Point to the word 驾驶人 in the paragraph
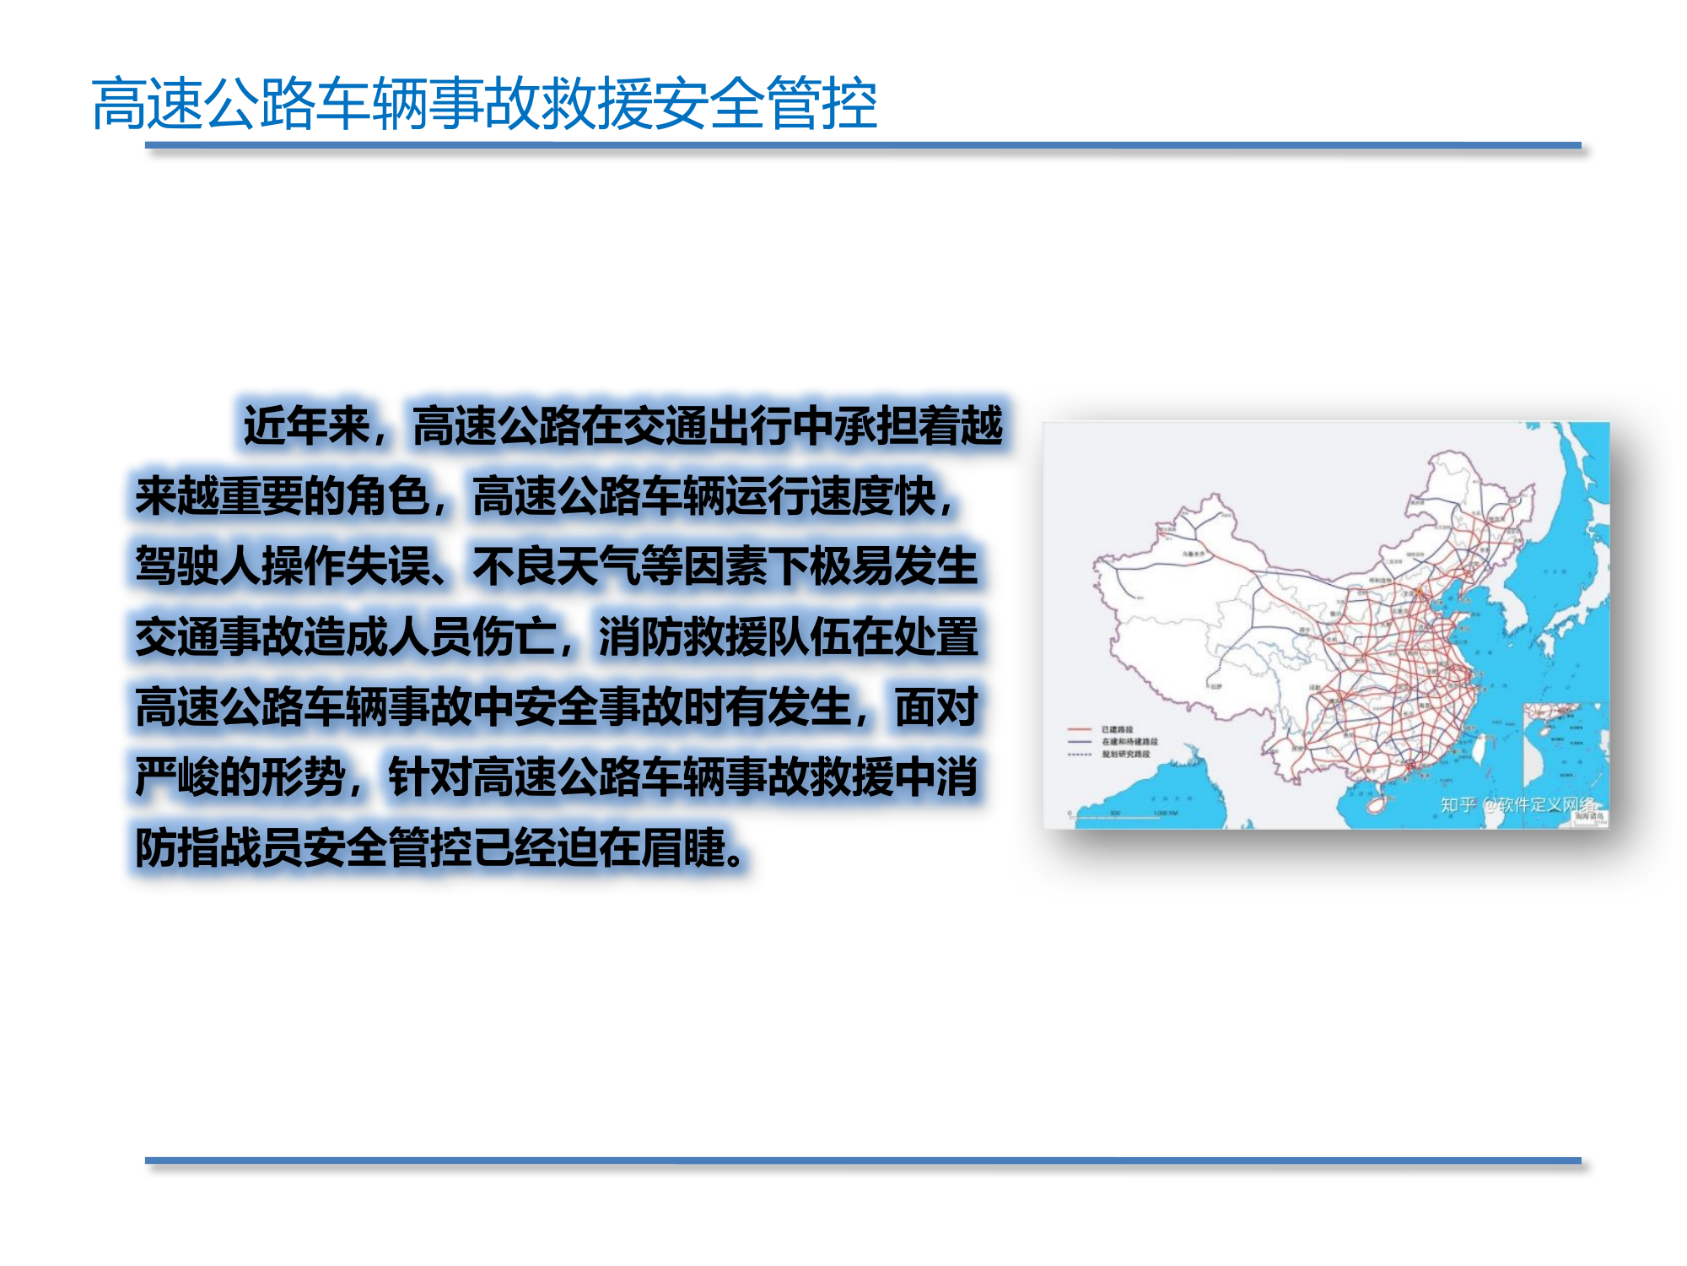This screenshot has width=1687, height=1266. point(198,565)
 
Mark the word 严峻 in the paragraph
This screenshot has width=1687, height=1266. point(177,776)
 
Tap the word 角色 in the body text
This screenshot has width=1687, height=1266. point(388,495)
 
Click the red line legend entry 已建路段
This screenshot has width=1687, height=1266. point(1116,729)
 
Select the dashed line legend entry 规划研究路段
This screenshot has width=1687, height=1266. point(1125,754)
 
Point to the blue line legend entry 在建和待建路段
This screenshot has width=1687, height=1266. point(1129,742)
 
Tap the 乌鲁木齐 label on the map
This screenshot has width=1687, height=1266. point(1193,554)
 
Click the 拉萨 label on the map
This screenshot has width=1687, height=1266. point(1215,686)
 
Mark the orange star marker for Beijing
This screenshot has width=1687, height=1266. point(1419,592)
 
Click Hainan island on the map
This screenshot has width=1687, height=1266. point(1376,803)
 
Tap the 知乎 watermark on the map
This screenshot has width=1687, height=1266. point(1458,804)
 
